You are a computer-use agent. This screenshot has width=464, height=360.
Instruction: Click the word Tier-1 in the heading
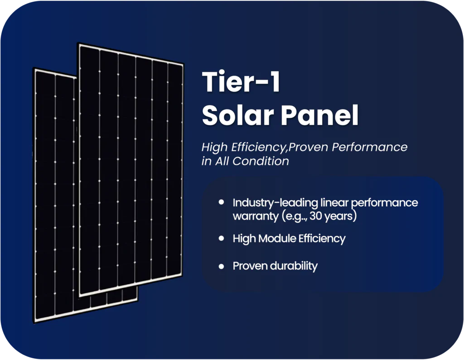pyautogui.click(x=241, y=82)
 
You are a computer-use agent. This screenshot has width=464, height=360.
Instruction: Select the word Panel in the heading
pyautogui.click(x=319, y=115)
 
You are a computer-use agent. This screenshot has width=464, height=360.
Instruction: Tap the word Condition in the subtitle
pyautogui.click(x=261, y=161)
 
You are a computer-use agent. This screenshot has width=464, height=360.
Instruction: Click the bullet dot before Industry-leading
pyautogui.click(x=221, y=202)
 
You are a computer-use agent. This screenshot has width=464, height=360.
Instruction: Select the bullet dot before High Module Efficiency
pyautogui.click(x=221, y=239)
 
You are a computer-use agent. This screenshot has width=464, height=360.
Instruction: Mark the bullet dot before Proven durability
pyautogui.click(x=221, y=266)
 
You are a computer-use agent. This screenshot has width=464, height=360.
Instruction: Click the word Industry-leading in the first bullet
pyautogui.click(x=275, y=203)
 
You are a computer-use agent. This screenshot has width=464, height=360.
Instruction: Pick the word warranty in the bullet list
pyautogui.click(x=256, y=216)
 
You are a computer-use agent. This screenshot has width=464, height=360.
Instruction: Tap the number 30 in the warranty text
pyautogui.click(x=315, y=216)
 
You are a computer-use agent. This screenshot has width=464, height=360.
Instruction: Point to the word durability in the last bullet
pyautogui.click(x=294, y=266)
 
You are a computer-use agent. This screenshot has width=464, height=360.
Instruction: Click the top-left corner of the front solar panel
pyautogui.click(x=78, y=43)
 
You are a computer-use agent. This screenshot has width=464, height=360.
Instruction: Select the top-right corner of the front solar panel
pyautogui.click(x=184, y=63)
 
